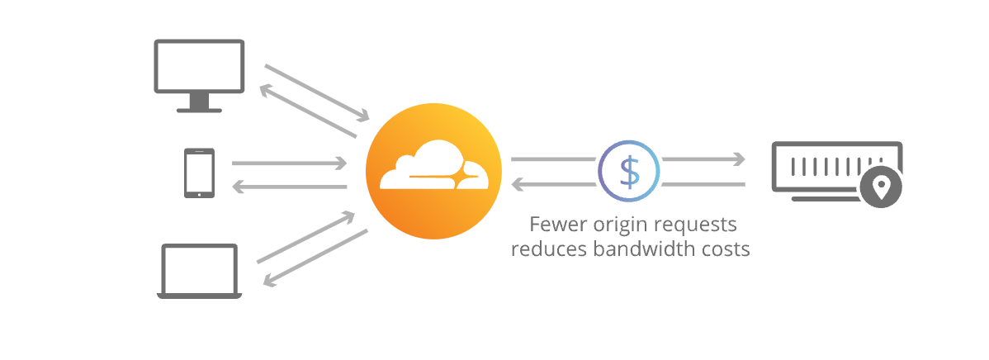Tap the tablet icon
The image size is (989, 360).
(199, 173)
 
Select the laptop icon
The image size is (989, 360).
(200, 271)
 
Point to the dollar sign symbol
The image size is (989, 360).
(630, 171)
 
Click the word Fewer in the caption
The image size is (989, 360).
(555, 225)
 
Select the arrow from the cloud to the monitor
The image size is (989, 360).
(306, 111)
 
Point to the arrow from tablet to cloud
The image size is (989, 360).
(289, 163)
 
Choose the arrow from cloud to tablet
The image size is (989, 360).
(289, 187)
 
